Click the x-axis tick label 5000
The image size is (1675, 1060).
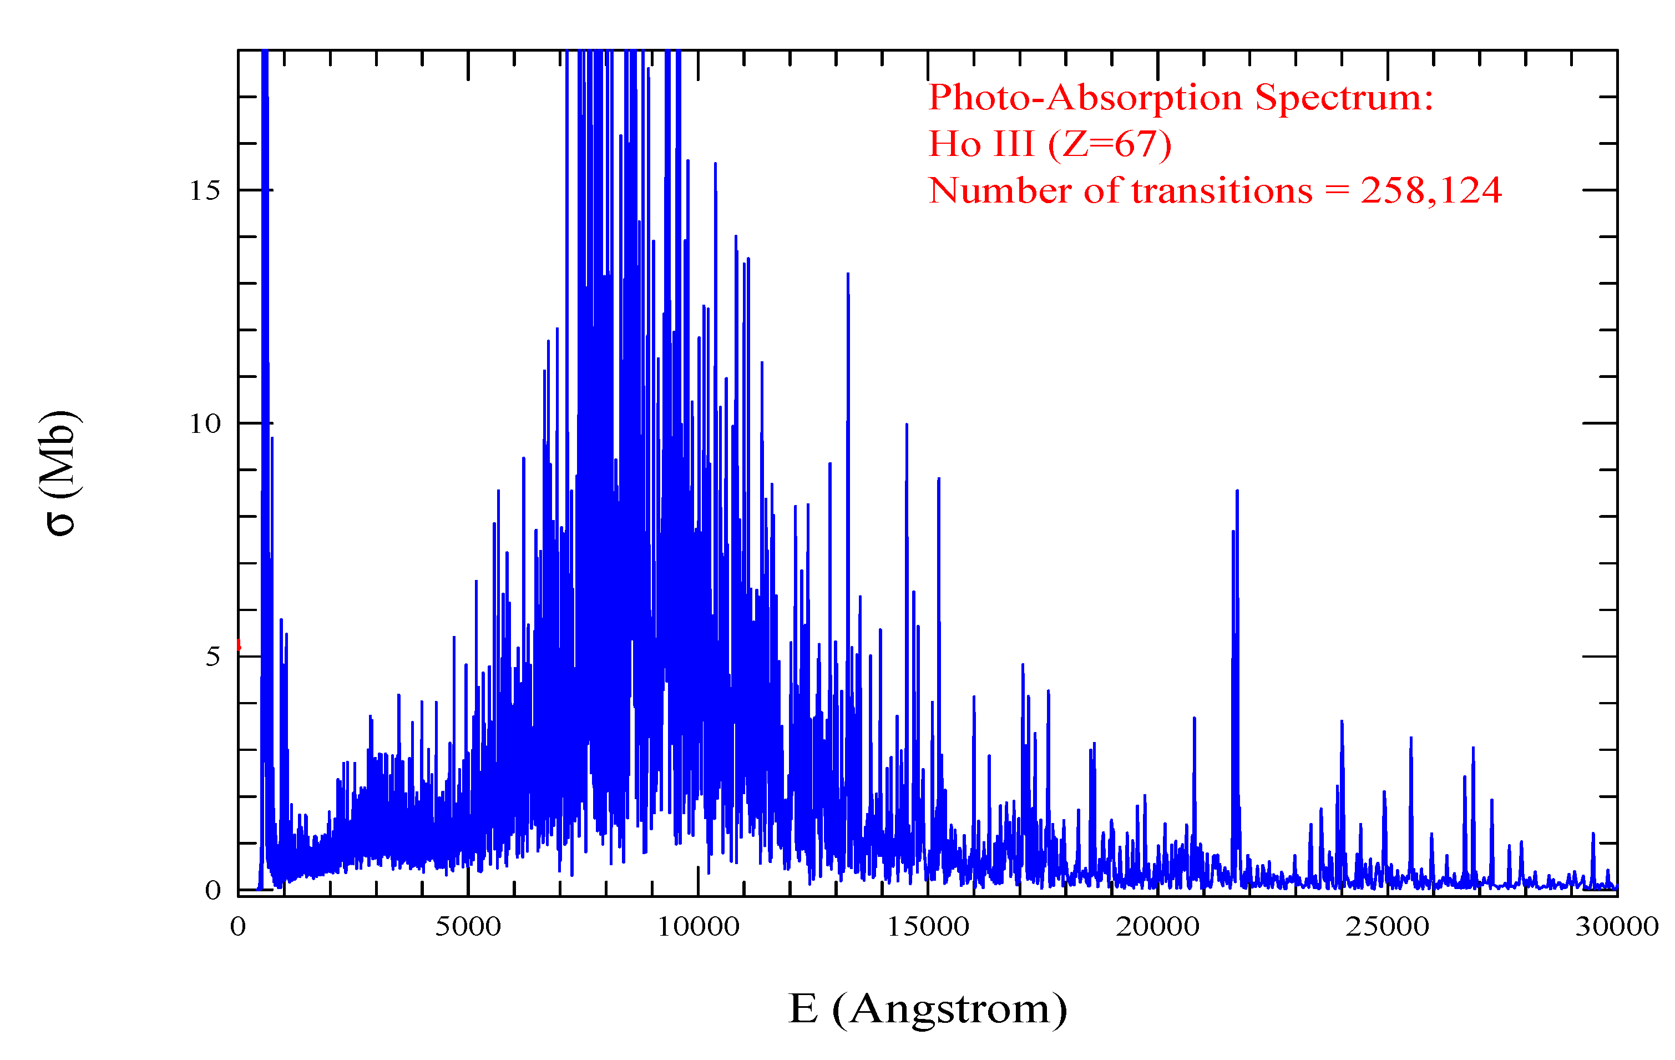tap(468, 926)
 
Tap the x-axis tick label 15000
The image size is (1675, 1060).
tap(927, 926)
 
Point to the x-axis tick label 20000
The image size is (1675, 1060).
tap(1157, 926)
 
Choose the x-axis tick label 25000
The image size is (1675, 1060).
tap(1387, 926)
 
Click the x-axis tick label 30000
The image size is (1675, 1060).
tap(1617, 926)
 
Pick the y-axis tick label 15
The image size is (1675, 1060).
tap(205, 191)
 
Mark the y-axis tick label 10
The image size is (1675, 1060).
tap(205, 424)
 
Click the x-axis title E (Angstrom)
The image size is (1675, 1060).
tap(927, 1008)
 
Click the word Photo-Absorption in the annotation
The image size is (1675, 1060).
tap(1085, 98)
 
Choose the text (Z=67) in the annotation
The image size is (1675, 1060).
tap(1110, 144)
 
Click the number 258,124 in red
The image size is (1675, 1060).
tap(1431, 191)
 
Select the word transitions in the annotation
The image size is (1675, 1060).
tap(1222, 191)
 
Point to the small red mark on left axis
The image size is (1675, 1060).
tap(239, 645)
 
